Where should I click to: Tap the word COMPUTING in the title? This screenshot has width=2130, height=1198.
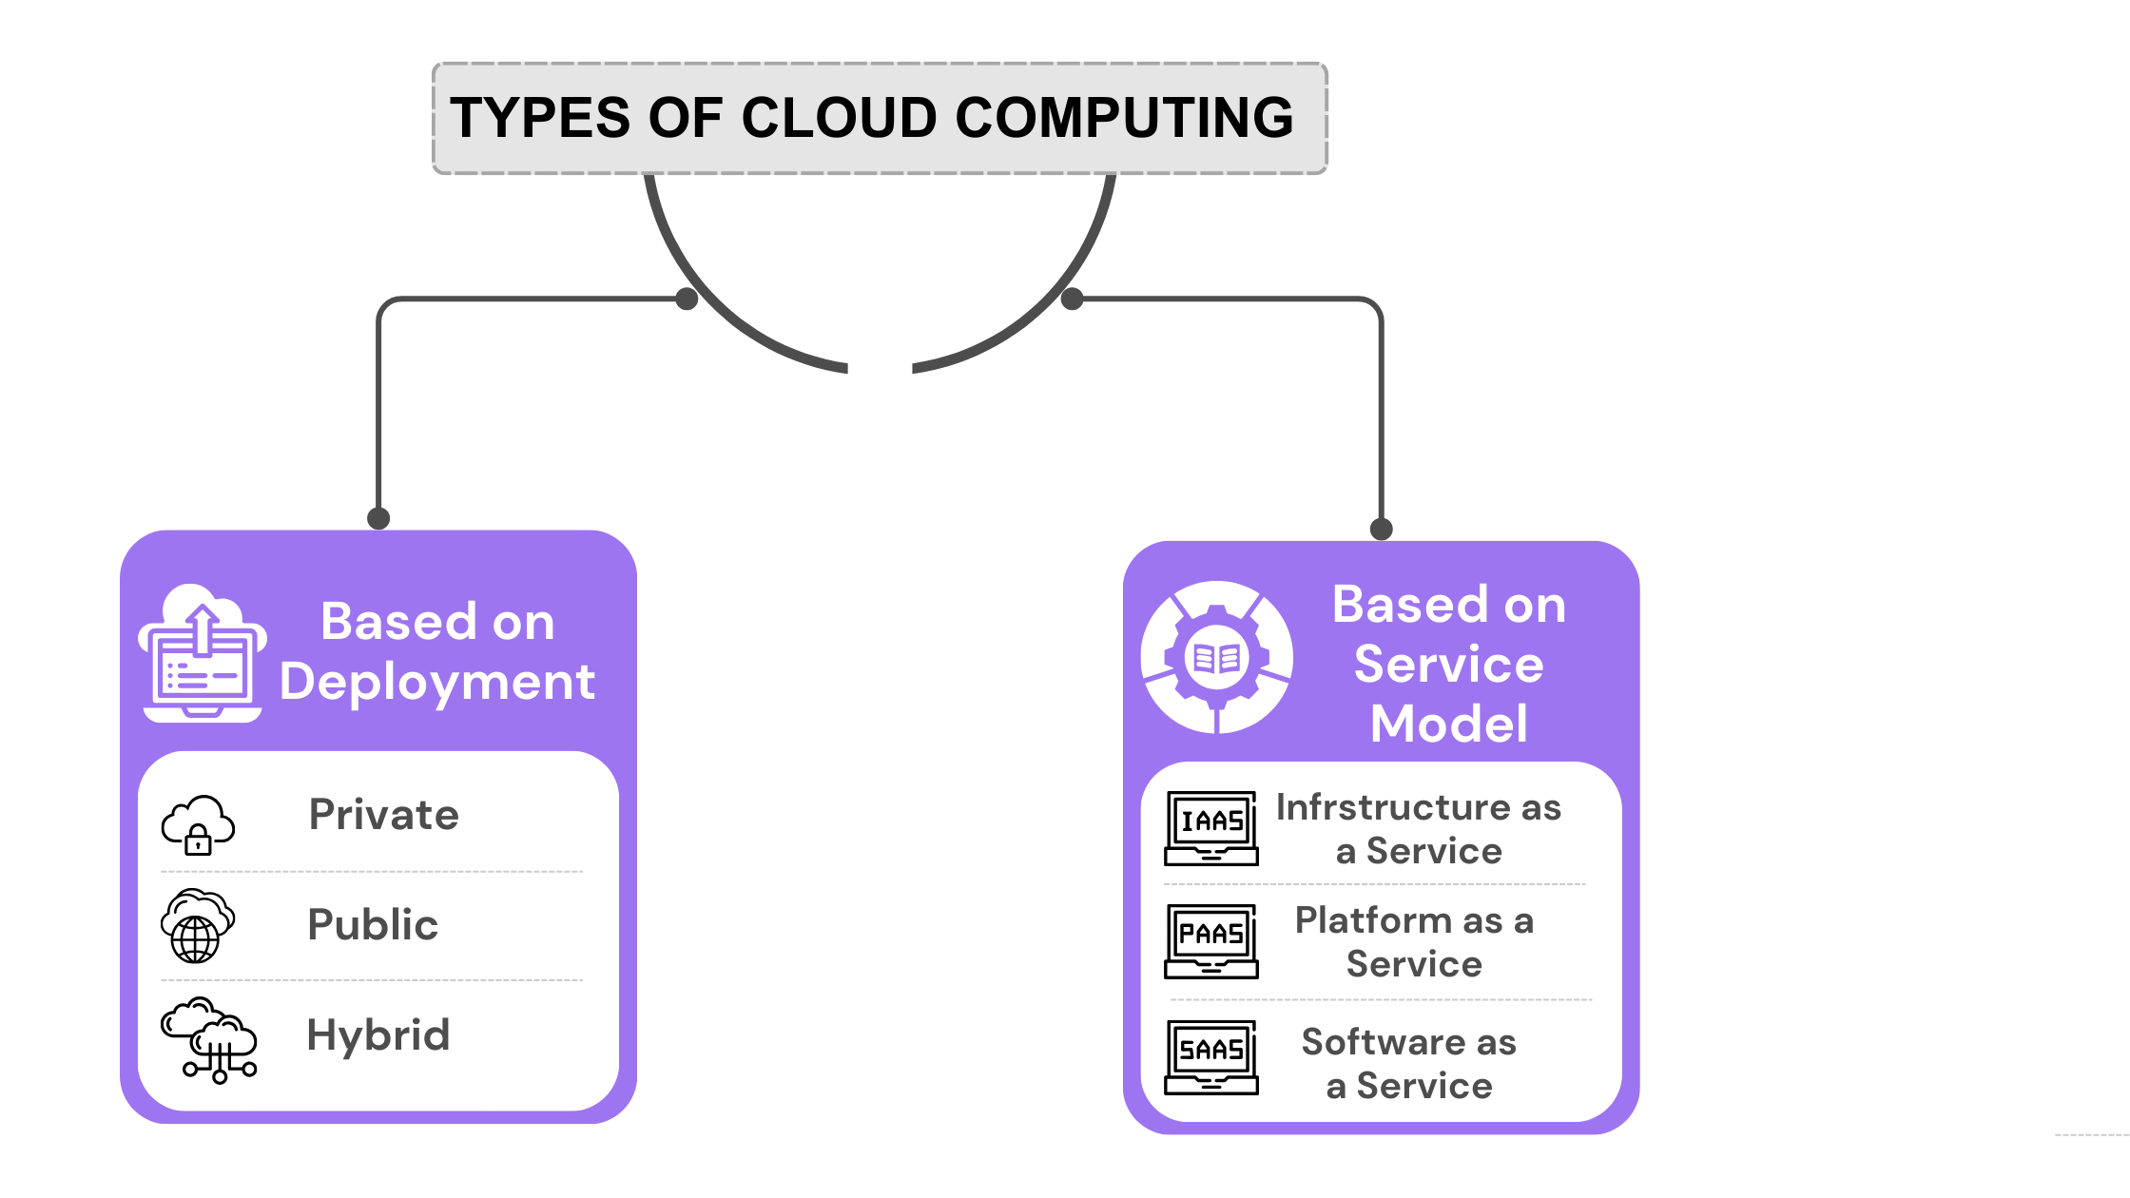[x=1124, y=118]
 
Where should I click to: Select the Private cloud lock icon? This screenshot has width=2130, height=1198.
[x=198, y=825]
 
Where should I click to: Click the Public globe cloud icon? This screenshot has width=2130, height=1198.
[x=197, y=926]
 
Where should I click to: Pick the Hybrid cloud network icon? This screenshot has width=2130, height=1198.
[x=209, y=1040]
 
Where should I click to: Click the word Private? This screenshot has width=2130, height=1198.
[x=384, y=815]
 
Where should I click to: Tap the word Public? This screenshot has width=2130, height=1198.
[x=373, y=924]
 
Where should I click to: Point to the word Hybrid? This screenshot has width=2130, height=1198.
[x=378, y=1034]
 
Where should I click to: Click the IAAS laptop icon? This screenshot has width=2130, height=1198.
[x=1211, y=827]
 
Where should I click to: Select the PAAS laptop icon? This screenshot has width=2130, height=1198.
[x=1211, y=941]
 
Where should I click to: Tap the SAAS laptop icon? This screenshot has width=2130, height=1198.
[x=1211, y=1057]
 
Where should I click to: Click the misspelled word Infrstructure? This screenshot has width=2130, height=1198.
[x=1392, y=807]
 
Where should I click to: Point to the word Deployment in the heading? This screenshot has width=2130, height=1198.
[x=437, y=683]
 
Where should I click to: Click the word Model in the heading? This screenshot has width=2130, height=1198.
[x=1448, y=724]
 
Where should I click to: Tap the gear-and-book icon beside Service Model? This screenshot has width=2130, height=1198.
[x=1217, y=657]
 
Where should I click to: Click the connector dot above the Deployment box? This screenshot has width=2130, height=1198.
[x=378, y=518]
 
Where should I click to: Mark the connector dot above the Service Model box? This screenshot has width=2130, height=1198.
[x=1381, y=529]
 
